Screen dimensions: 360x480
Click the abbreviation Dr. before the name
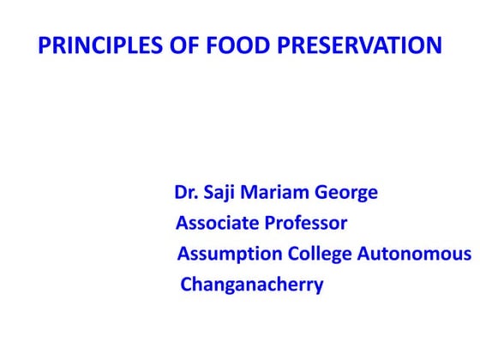pyautogui.click(x=186, y=192)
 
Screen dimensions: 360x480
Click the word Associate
pyautogui.click(x=218, y=224)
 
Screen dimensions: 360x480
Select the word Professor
pyautogui.click(x=306, y=224)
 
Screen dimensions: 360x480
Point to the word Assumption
pyautogui.click(x=230, y=255)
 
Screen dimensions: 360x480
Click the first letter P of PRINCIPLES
pyautogui.click(x=45, y=45)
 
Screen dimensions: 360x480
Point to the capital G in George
pyautogui.click(x=322, y=193)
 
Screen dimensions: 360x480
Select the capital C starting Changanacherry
pyautogui.click(x=186, y=285)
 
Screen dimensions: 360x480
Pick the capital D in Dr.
pyautogui.click(x=181, y=192)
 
